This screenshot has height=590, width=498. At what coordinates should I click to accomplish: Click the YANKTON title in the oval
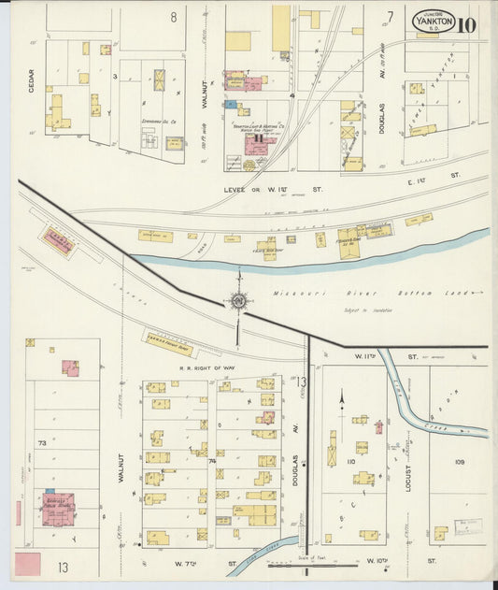[x=434, y=21]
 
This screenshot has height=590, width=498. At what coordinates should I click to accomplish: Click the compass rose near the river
[x=239, y=300]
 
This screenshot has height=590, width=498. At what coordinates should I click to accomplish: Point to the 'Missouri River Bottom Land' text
[x=374, y=294]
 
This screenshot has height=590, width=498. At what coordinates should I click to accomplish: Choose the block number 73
[x=41, y=442]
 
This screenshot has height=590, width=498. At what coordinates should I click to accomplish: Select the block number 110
[x=351, y=461]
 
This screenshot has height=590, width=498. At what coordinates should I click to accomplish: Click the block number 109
[x=459, y=461]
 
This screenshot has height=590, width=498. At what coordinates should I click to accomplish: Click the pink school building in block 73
[x=58, y=508]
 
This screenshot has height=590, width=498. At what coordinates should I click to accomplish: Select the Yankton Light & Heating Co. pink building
[x=255, y=143]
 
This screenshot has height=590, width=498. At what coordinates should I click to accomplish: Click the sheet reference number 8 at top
[x=173, y=16]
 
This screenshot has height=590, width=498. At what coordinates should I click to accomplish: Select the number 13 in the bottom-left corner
[x=62, y=567]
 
